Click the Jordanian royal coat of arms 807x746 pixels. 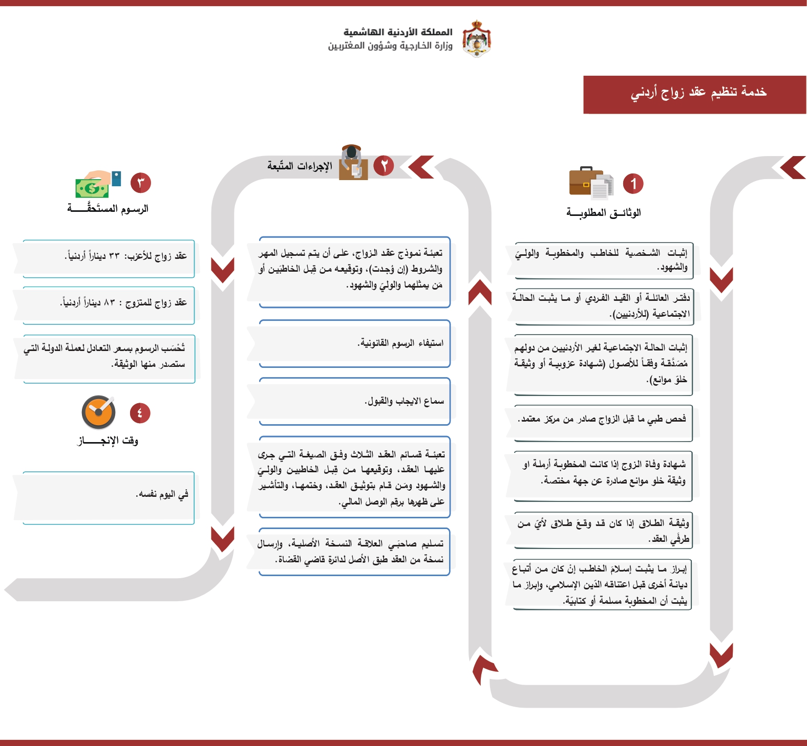click(x=477, y=38)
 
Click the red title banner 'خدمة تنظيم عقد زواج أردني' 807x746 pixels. click(x=694, y=95)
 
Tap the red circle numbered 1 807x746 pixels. click(x=633, y=184)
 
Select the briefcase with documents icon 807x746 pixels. click(x=591, y=183)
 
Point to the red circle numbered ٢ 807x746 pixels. click(x=384, y=166)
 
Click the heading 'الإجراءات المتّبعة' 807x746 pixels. click(x=300, y=166)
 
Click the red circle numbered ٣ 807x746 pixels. click(x=141, y=183)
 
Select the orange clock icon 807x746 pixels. click(x=98, y=412)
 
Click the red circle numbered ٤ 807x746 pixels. click(x=140, y=413)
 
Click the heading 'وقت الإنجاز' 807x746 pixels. click(x=108, y=441)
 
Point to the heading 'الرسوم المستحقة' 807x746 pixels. click(x=108, y=209)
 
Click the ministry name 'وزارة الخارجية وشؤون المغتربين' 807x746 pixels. click(x=390, y=46)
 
